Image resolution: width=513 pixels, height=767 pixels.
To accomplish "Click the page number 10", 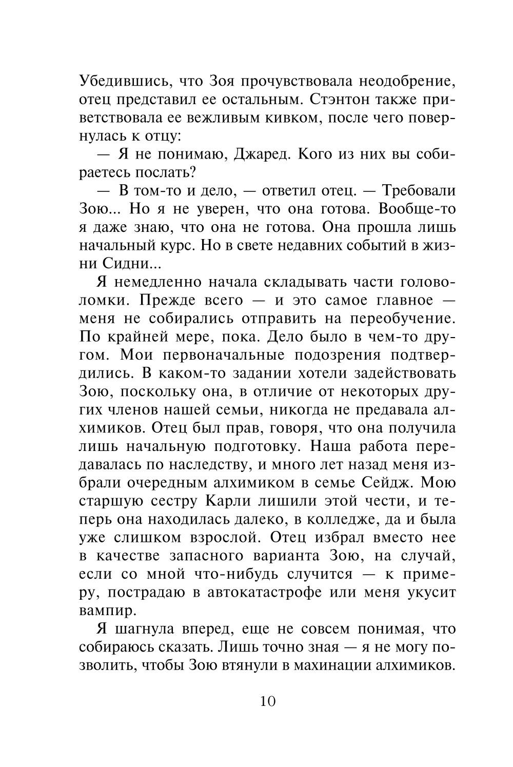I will [x=268, y=701].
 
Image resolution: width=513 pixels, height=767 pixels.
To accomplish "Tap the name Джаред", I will [x=262, y=154].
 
